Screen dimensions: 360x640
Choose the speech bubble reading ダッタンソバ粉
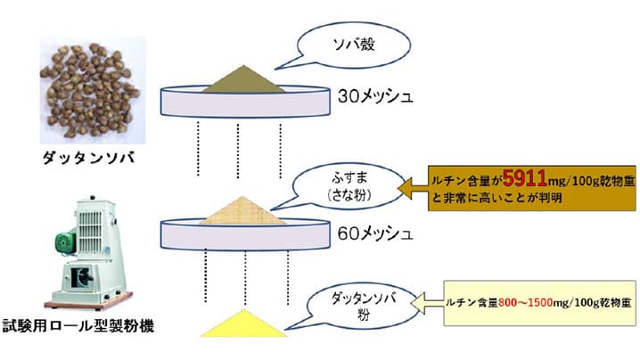click(x=349, y=303)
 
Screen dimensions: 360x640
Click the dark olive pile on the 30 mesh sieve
click(x=241, y=82)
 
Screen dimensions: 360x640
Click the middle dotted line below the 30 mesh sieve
click(x=238, y=148)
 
